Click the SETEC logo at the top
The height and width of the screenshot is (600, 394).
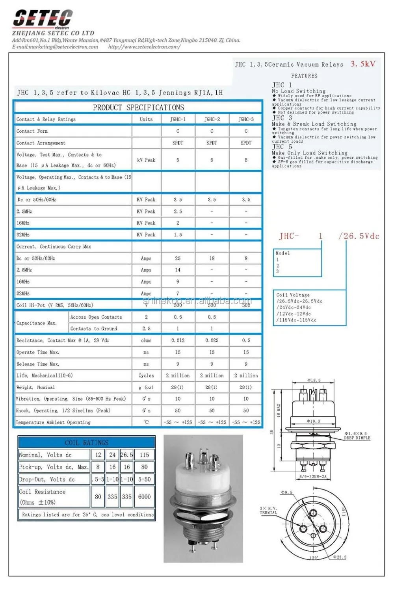43,19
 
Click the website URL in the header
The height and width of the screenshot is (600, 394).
144,47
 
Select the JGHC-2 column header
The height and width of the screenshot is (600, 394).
212,119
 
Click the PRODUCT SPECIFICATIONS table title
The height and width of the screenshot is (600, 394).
138,108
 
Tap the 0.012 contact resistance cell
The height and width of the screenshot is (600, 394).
178,340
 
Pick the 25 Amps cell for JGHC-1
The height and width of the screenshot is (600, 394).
178,258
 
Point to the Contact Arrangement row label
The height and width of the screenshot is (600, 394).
41,143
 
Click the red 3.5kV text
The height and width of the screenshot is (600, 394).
363,64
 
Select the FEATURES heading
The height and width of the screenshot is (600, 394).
304,76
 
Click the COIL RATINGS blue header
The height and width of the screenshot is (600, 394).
87,442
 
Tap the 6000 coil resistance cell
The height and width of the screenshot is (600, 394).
144,497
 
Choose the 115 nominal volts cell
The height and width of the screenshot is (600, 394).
144,455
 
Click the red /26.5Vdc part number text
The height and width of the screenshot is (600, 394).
359,236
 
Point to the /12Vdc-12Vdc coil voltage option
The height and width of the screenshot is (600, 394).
294,314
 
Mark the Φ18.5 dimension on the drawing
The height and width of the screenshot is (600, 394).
314,381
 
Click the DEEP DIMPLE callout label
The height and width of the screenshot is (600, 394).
357,438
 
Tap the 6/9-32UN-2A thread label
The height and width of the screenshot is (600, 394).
313,477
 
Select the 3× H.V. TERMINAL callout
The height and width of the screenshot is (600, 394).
268,511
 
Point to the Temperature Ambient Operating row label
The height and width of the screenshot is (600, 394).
53,422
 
